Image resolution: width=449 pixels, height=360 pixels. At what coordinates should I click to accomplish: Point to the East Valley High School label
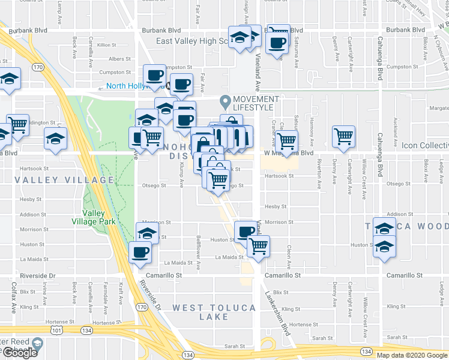click(192, 41)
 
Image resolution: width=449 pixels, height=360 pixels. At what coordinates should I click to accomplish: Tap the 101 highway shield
click(56, 331)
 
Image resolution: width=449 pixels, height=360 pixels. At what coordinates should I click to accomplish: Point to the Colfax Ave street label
click(13, 298)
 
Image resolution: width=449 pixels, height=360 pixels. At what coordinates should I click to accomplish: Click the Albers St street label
click(119, 59)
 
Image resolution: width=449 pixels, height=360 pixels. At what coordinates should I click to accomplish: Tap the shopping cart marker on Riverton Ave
click(343, 136)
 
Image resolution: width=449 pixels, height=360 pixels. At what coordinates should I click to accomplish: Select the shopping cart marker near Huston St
click(259, 245)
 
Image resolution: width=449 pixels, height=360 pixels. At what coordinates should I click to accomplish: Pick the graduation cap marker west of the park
click(56, 140)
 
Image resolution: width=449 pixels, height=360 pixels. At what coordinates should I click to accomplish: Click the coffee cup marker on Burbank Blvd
click(277, 43)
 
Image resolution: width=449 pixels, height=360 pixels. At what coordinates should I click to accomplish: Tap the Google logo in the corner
click(19, 352)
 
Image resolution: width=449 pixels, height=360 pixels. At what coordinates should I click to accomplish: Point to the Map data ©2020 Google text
click(411, 355)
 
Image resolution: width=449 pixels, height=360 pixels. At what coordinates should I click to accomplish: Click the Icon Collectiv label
click(425, 146)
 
